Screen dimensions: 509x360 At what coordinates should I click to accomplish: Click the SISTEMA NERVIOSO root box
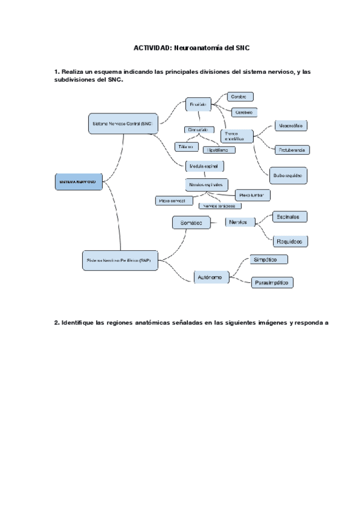click(x=77, y=181)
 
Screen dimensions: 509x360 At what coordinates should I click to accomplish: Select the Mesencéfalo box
click(x=290, y=126)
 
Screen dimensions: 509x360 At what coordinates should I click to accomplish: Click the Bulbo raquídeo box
click(x=289, y=175)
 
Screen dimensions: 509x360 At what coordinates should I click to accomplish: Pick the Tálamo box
click(x=185, y=146)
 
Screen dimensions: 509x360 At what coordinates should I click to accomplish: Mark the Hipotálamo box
click(x=218, y=149)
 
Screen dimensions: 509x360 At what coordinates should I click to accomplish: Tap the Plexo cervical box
click(x=172, y=200)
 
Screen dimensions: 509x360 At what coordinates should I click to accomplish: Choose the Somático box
click(x=191, y=223)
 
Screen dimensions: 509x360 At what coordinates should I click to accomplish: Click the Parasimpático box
click(x=272, y=282)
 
